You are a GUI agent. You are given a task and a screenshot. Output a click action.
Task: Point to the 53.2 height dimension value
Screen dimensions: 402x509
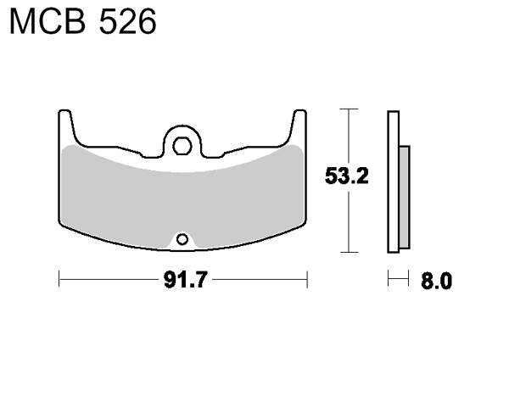click(345, 178)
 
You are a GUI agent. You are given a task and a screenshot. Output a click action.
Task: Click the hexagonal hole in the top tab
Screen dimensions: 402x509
click(180, 144)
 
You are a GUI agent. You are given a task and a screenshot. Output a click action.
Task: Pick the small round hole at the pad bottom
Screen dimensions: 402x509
click(181, 239)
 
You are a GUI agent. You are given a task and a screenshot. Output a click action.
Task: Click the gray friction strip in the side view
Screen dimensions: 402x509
click(404, 197)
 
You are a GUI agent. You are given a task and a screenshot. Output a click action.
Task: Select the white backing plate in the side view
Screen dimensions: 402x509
click(393, 182)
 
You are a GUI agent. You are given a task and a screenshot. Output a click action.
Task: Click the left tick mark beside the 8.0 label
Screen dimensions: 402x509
click(389, 280)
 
